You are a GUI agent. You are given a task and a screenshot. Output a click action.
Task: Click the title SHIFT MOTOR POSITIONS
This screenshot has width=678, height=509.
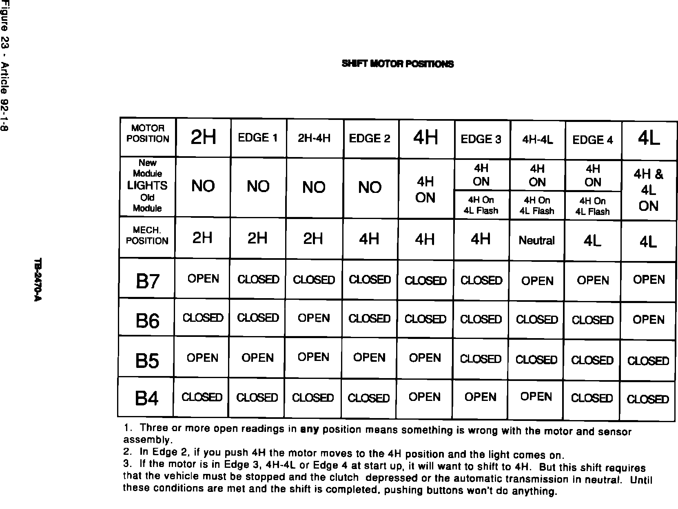398,64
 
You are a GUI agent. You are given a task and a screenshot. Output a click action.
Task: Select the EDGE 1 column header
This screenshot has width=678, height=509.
258,138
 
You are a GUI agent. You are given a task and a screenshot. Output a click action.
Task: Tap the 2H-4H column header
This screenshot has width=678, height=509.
314,138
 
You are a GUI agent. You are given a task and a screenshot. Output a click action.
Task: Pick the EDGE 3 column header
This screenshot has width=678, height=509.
481,139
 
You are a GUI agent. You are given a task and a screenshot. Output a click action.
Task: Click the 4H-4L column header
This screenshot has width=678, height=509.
537,140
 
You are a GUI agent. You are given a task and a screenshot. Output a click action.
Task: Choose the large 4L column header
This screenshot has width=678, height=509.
649,139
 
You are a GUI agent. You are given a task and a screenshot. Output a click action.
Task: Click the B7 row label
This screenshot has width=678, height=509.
147,281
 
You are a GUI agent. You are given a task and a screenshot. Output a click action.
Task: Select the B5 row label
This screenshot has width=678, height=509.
147,361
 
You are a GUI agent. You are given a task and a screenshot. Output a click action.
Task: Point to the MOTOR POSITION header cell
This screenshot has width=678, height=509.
148,134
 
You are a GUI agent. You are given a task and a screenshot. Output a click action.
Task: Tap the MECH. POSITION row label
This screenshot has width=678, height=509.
147,236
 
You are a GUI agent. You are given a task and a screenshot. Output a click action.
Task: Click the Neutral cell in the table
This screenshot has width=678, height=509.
536,241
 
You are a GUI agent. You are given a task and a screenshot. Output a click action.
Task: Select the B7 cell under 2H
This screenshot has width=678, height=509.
203,279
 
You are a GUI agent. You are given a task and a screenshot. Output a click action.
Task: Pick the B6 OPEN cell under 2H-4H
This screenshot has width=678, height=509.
313,318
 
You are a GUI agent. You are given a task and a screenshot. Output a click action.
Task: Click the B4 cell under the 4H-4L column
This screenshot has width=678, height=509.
536,397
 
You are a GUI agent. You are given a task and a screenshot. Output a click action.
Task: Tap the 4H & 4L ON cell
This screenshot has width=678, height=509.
649,190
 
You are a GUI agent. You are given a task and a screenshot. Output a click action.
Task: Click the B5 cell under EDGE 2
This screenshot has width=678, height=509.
369,358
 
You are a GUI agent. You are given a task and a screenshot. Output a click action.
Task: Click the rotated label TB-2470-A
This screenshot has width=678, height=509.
38,280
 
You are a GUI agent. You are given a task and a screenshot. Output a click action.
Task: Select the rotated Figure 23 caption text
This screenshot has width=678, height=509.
5,65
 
